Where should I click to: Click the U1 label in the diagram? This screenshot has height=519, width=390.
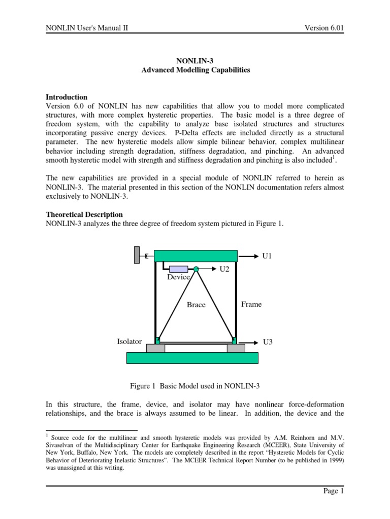pos(268,256)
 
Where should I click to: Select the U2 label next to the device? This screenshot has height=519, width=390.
pos(224,269)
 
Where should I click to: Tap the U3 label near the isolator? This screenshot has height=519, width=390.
pos(268,342)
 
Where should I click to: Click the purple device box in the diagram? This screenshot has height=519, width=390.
pos(179,269)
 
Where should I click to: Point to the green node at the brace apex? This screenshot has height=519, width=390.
pos(196,269)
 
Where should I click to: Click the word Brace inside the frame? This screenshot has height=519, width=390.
pos(196,305)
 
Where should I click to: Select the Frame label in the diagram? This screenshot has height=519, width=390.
pos(251,304)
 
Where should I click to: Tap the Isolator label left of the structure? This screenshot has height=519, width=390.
pos(129,342)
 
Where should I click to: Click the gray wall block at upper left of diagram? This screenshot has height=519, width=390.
pos(137,255)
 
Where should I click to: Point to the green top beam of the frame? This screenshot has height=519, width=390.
pos(196,256)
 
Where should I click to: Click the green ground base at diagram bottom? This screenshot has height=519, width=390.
pos(192,358)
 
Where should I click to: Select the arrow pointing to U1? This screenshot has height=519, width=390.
pos(248,256)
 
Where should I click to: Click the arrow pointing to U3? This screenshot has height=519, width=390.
pos(248,342)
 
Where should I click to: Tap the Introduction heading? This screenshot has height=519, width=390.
pos(67,97)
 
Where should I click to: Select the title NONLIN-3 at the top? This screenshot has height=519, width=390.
pos(195,61)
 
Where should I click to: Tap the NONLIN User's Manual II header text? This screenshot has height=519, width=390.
pos(87,28)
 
